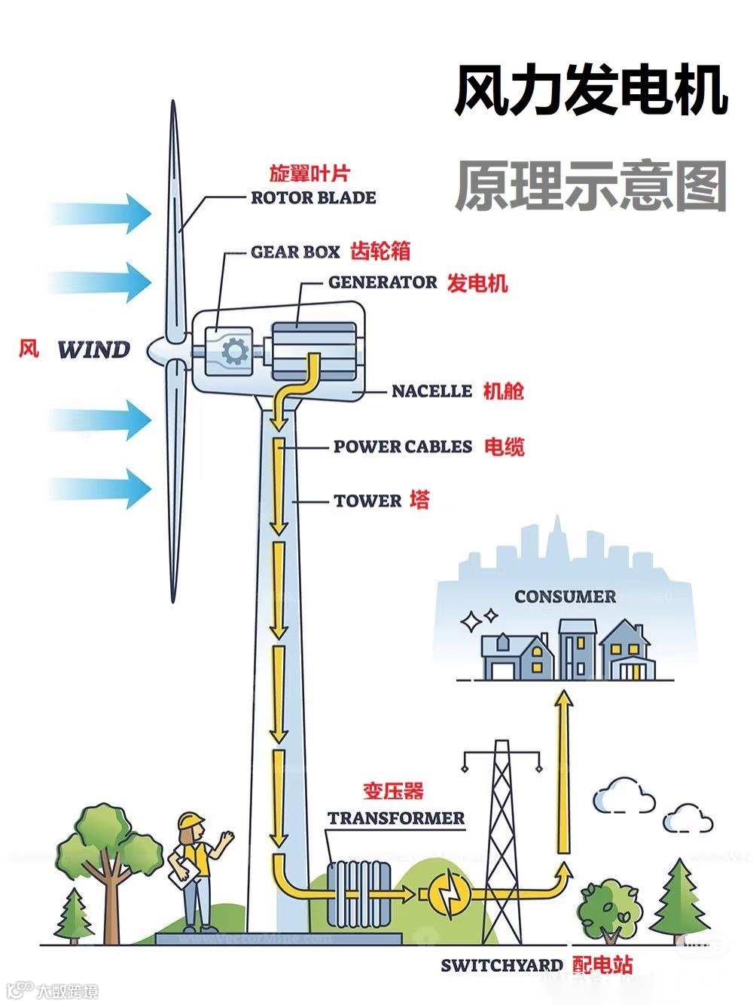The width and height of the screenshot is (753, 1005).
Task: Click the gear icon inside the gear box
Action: click(x=235, y=351)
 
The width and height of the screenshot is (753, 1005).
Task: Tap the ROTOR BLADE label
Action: click(x=312, y=198)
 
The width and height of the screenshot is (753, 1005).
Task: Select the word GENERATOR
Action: click(x=383, y=283)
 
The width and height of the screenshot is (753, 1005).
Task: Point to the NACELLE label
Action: click(x=431, y=391)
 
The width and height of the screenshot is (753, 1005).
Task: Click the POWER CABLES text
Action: click(x=403, y=447)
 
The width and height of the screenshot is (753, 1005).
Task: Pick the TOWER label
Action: click(x=367, y=501)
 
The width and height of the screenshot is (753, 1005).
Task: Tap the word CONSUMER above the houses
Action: click(x=565, y=597)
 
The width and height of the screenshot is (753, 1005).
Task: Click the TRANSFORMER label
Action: click(x=396, y=818)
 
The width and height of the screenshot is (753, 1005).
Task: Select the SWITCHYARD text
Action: click(x=502, y=965)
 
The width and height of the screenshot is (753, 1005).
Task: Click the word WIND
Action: click(x=94, y=350)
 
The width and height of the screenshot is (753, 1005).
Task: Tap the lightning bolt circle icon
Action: click(x=450, y=894)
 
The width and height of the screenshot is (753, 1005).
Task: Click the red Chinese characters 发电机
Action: click(x=477, y=283)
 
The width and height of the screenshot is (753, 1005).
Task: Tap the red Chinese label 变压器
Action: click(x=393, y=791)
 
